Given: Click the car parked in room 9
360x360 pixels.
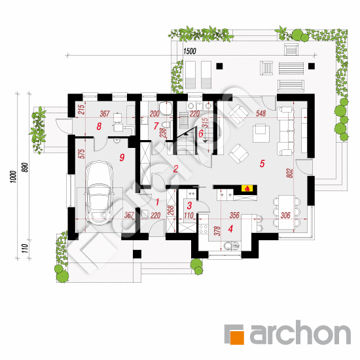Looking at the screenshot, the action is coord(99,193).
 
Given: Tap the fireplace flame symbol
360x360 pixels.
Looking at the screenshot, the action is coord(247,189).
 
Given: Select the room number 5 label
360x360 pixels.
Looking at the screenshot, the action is coord(262,164).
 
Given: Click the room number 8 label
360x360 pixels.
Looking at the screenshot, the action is coord(99,126).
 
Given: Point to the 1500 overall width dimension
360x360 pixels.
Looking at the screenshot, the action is coord(190,51).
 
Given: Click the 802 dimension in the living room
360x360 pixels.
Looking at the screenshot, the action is coord(290,173).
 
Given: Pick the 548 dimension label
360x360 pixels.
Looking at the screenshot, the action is coord(261,113).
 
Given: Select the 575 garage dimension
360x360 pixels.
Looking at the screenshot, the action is coord(82,154).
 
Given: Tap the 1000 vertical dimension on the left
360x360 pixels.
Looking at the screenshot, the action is coord(13,177).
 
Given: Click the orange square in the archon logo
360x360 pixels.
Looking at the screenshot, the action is coord(237,338).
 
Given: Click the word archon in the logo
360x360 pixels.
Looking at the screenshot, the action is coord(300,333).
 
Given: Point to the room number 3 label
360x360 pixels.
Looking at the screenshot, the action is coord(189,206).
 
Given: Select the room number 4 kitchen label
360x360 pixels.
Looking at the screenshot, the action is coord(230,228).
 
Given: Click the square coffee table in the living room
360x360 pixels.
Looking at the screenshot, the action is coord(261,133).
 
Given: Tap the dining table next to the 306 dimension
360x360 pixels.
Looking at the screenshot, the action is coord(287,212).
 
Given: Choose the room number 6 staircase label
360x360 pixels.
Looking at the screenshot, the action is coord(201,133).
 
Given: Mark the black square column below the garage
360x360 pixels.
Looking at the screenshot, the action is coord(137,254).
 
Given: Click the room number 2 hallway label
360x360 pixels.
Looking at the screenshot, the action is coord(175,169).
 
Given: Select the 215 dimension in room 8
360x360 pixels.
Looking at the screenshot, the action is coord(82,110).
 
